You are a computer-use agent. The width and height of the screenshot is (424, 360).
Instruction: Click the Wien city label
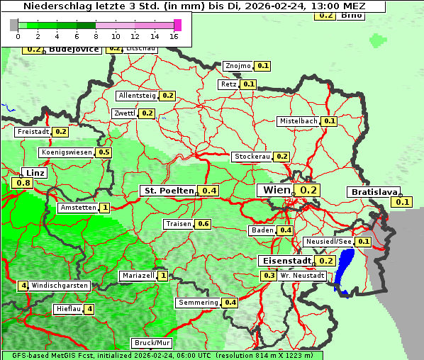click(x=277, y=190)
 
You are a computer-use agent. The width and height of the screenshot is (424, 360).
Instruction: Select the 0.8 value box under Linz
click(x=22, y=184)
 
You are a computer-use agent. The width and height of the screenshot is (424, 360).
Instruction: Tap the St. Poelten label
click(x=168, y=191)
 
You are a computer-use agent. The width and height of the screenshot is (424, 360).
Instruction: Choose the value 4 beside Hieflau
click(x=89, y=309)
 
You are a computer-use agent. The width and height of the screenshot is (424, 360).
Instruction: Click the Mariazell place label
click(x=138, y=276)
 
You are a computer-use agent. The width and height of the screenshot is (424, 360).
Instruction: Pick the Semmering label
click(x=198, y=303)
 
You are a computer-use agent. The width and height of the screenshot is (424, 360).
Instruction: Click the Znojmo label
click(x=238, y=66)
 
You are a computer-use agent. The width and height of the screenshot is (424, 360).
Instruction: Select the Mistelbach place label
click(x=298, y=121)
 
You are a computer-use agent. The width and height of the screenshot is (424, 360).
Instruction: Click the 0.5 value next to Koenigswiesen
click(x=104, y=152)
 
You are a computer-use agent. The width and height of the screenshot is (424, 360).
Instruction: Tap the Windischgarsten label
click(x=60, y=286)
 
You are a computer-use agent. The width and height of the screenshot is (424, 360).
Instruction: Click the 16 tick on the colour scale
click(x=174, y=35)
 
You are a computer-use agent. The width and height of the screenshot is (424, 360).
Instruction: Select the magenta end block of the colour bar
click(x=177, y=25)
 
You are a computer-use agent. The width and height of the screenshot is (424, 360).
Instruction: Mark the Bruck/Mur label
click(x=152, y=342)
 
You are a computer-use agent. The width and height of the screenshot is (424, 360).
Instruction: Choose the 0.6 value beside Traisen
click(x=203, y=224)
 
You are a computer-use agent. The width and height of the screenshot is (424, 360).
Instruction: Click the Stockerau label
click(x=251, y=157)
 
